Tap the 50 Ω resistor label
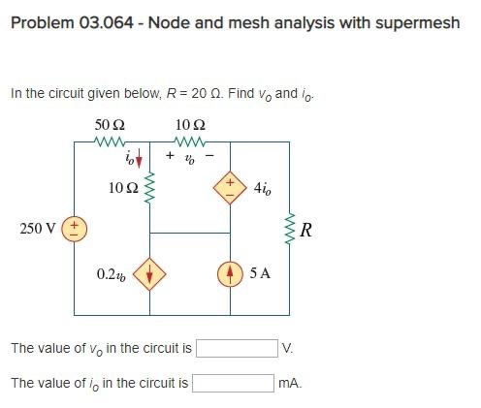point(109,125)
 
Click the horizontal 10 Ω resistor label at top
point(189,125)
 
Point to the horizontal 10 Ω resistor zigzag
point(189,141)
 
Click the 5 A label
point(260,273)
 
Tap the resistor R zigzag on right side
point(288,230)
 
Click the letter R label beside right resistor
point(306,230)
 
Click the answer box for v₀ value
point(238,347)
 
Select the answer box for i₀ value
point(233,382)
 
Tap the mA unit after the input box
point(289,383)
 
